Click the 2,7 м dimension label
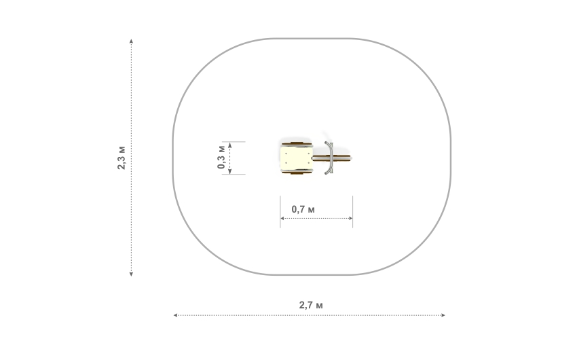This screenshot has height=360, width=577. [x=311, y=305]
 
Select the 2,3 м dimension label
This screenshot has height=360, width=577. [x=122, y=158]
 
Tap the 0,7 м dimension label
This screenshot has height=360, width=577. [x=303, y=209]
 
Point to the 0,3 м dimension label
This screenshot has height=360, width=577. [x=221, y=157]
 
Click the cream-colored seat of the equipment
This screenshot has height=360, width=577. [x=297, y=158]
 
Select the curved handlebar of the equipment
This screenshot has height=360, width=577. [x=329, y=158]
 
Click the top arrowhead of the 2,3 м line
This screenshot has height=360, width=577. [x=132, y=41]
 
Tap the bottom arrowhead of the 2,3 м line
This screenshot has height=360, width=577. [x=132, y=274]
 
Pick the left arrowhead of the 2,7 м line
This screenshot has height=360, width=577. [x=176, y=315]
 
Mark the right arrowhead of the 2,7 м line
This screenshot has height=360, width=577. [x=443, y=315]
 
